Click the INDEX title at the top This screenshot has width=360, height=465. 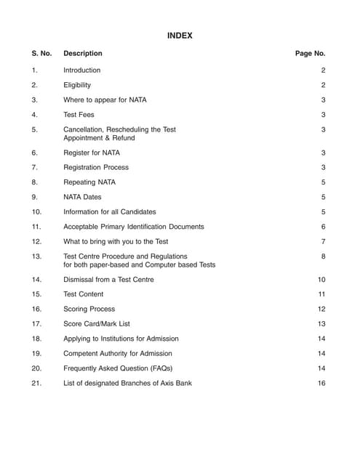pyautogui.click(x=180, y=36)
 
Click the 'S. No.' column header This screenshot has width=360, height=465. pyautogui.click(x=41, y=53)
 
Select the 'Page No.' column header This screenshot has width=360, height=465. pyautogui.click(x=310, y=53)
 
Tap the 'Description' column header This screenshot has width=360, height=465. pyautogui.click(x=83, y=53)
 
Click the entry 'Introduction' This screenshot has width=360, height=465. pyautogui.click(x=82, y=70)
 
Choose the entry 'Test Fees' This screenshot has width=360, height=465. pyautogui.click(x=79, y=115)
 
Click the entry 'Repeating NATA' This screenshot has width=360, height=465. pyautogui.click(x=89, y=182)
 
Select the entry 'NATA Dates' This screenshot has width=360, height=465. pyautogui.click(x=83, y=197)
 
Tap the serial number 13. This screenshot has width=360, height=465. pyautogui.click(x=36, y=256)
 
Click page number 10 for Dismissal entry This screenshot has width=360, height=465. pyautogui.click(x=321, y=280)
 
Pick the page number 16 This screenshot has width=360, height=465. pyautogui.click(x=321, y=383)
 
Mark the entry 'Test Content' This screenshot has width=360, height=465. pyautogui.click(x=84, y=294)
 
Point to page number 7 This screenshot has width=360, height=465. pyautogui.click(x=323, y=241)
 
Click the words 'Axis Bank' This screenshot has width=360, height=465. pyautogui.click(x=176, y=383)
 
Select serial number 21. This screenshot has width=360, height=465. pyautogui.click(x=36, y=383)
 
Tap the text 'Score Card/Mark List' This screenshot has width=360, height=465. pyautogui.click(x=97, y=324)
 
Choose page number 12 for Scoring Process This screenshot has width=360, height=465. pyautogui.click(x=321, y=309)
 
